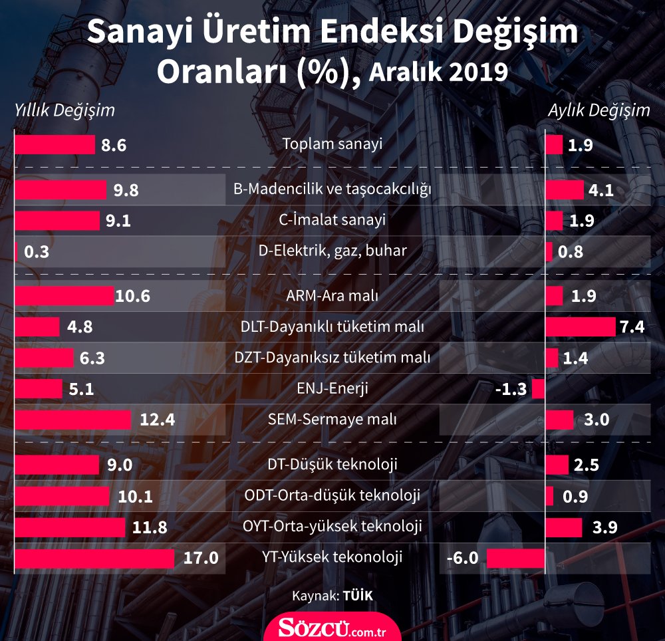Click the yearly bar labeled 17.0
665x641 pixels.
(94, 558)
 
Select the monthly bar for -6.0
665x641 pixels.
(515, 558)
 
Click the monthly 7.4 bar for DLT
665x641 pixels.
(580, 326)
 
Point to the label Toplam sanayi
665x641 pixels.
(332, 144)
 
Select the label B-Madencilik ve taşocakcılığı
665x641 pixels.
(332, 190)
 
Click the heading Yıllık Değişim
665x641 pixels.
(65, 110)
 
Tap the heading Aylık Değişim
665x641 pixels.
(598, 110)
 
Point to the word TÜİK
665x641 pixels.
(358, 596)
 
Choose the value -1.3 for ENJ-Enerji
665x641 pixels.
(511, 389)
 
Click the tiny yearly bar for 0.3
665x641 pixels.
(17, 252)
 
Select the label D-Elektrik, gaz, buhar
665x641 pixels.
(332, 251)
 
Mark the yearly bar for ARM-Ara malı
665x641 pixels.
(64, 295)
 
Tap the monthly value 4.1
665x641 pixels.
(601, 192)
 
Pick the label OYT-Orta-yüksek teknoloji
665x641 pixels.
(333, 527)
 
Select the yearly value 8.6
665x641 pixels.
(114, 146)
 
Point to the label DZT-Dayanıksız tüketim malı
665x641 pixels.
(332, 358)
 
